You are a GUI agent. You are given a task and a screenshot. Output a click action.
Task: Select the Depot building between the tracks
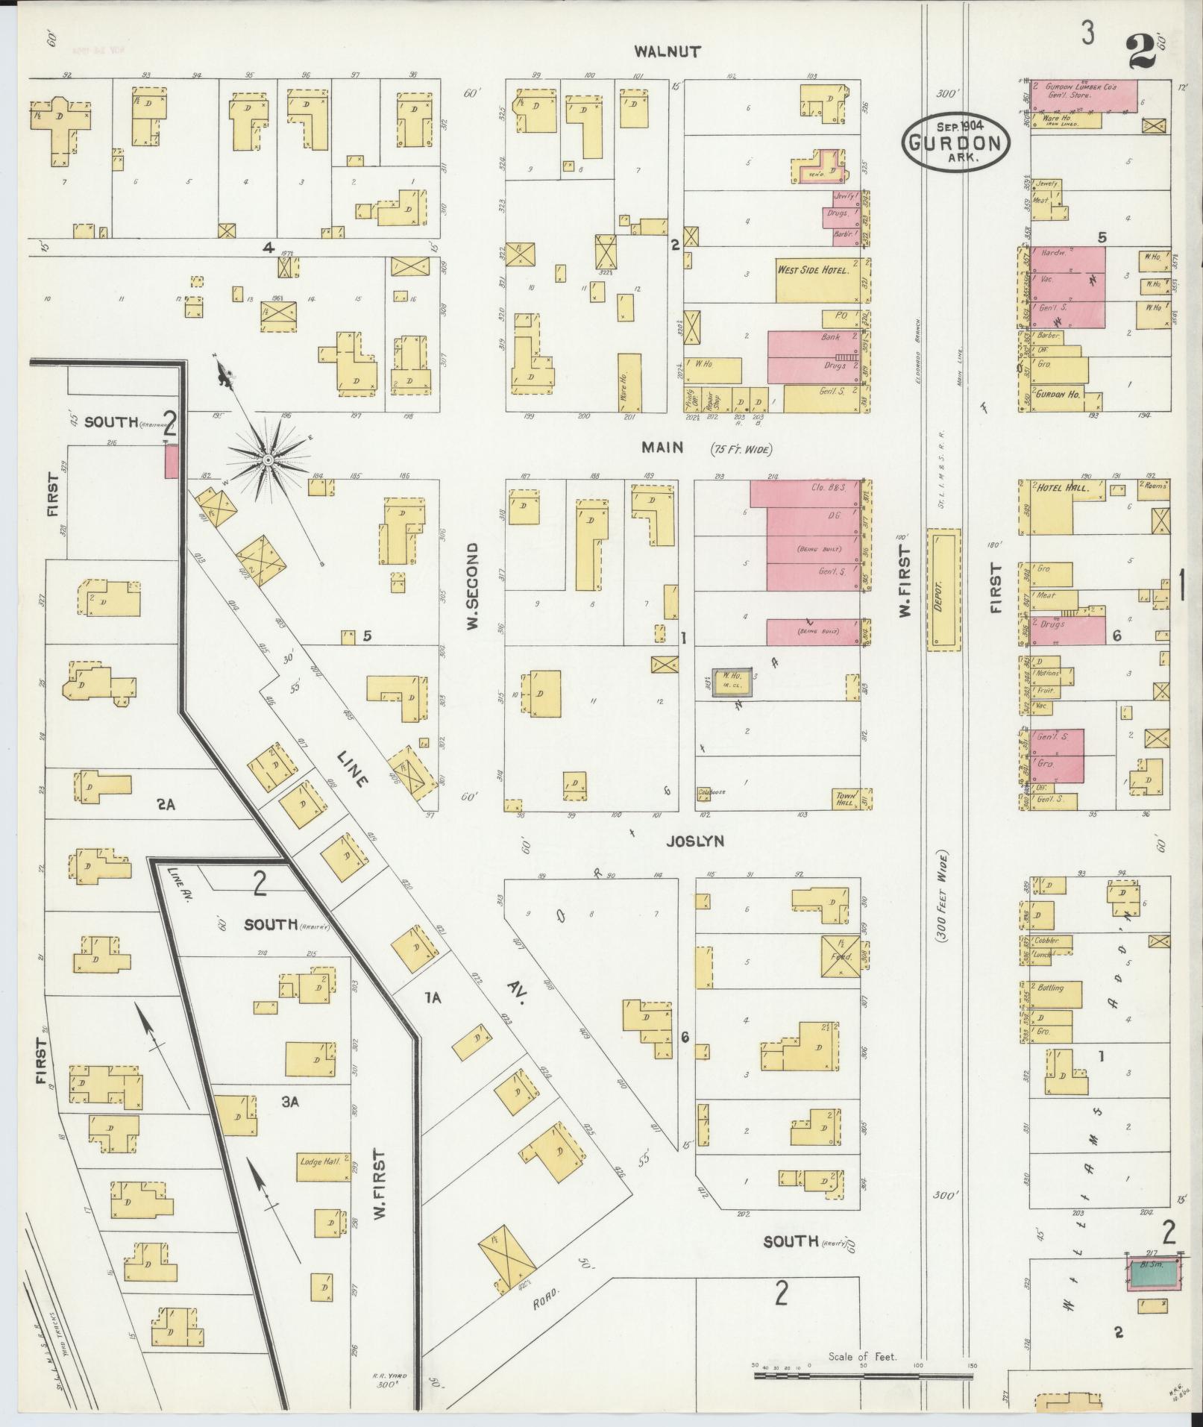click(943, 589)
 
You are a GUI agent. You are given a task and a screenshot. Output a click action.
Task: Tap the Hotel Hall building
click(1052, 507)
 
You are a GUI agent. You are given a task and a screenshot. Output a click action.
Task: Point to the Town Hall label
click(846, 800)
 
